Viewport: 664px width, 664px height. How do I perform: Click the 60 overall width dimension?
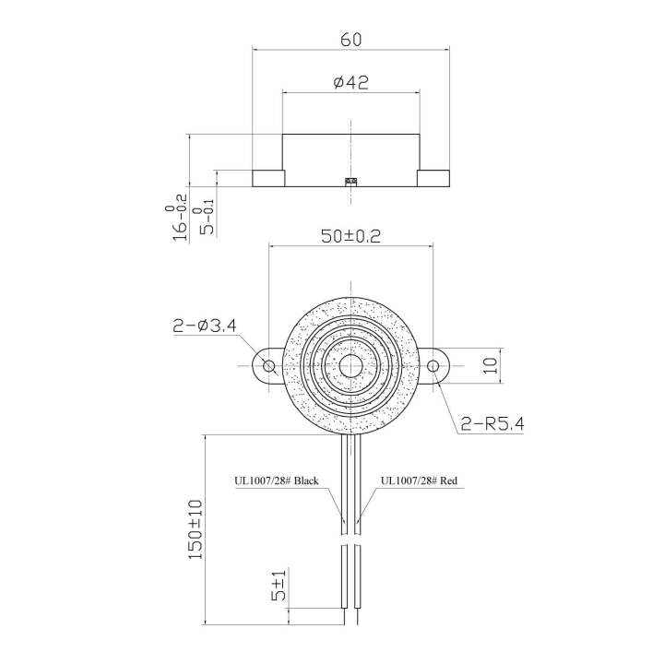click(350, 40)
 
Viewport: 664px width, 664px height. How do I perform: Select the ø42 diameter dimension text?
click(350, 82)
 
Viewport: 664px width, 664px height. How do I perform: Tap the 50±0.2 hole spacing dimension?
click(350, 235)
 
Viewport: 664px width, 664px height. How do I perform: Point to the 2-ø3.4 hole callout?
click(205, 325)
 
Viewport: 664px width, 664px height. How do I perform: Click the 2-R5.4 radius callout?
click(493, 424)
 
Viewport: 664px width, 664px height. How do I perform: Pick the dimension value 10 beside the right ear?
click(491, 365)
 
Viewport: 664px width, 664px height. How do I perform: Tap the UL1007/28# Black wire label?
click(277, 480)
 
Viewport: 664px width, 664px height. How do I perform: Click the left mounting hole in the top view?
click(268, 366)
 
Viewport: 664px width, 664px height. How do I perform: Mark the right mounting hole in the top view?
click(433, 366)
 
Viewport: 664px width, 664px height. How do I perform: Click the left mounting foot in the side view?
click(267, 178)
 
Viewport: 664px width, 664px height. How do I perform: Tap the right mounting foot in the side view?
click(433, 178)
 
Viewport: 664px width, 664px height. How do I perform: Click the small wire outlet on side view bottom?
click(350, 182)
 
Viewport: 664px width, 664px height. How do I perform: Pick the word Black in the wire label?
click(306, 480)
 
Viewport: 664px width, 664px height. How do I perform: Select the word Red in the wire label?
click(449, 480)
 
